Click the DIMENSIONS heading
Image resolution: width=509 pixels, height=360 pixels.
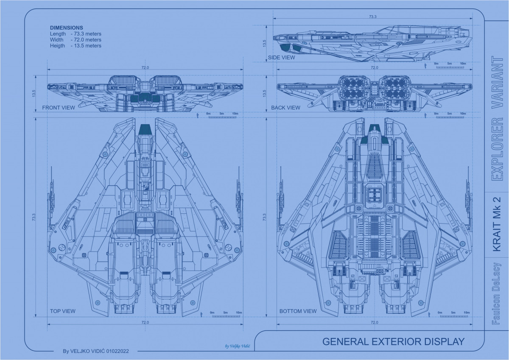(67, 28)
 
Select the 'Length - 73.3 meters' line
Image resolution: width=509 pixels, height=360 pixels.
(76, 34)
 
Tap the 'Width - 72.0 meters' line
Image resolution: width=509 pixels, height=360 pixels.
(76, 40)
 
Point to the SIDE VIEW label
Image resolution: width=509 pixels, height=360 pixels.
(281, 58)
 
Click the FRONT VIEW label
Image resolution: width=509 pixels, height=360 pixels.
(58, 108)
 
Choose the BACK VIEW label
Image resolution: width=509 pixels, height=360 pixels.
(285, 108)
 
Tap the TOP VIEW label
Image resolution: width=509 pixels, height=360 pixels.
(62, 311)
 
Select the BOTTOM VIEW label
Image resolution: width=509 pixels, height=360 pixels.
(298, 311)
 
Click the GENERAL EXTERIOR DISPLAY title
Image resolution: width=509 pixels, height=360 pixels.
(393, 342)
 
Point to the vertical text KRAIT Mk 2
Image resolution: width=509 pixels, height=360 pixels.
(497, 223)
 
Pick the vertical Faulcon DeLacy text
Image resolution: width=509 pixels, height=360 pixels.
(497, 294)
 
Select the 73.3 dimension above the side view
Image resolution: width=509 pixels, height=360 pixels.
(372, 17)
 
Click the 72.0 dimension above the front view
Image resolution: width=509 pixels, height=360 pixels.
(145, 68)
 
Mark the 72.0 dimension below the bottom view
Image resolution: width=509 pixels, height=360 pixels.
(374, 323)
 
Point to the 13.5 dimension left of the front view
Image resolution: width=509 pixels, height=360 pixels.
(34, 93)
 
